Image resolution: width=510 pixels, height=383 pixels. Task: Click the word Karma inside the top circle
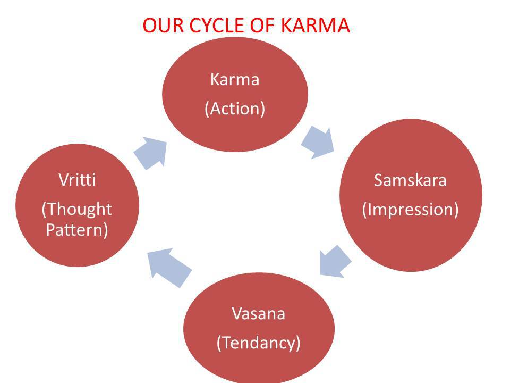(x=234, y=80)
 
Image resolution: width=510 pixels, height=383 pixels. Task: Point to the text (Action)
(x=234, y=109)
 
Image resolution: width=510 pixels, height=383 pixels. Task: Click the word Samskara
(x=410, y=180)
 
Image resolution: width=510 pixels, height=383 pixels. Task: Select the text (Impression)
(x=410, y=209)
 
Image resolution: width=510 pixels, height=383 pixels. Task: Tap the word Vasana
(x=258, y=313)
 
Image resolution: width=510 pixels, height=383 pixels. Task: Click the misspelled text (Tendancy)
(x=258, y=343)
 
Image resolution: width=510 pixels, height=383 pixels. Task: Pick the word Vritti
(x=77, y=180)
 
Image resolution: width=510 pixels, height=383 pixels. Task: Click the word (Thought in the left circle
(x=77, y=209)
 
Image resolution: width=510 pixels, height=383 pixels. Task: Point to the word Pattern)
(x=77, y=230)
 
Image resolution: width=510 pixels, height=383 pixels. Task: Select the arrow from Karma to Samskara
(x=318, y=140)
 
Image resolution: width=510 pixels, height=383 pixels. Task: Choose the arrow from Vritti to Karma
(x=150, y=151)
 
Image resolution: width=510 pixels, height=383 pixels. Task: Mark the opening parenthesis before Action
(x=207, y=109)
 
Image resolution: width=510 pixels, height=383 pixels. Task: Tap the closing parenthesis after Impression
(x=455, y=210)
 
